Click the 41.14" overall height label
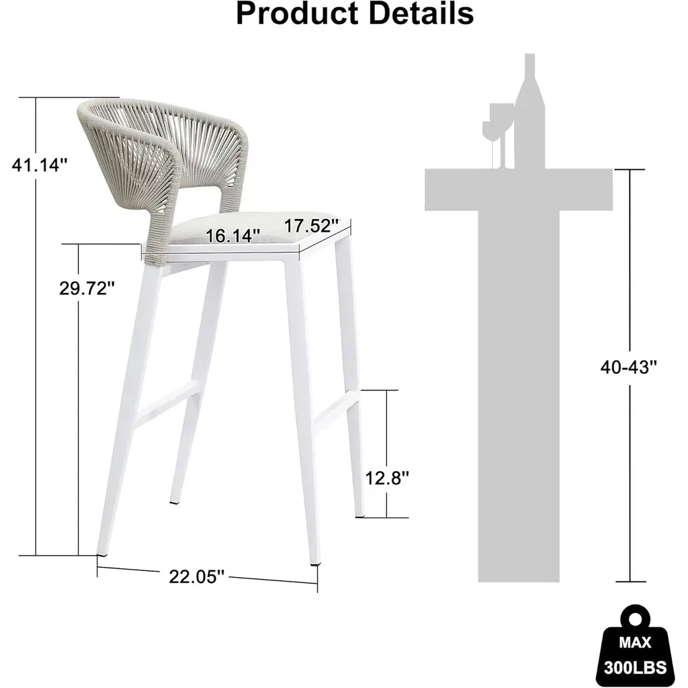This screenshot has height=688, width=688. pyautogui.click(x=40, y=165)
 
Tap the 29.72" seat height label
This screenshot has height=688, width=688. pyautogui.click(x=87, y=288)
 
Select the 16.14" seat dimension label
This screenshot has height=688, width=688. pyautogui.click(x=233, y=236)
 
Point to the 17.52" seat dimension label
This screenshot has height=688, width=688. pyautogui.click(x=312, y=226)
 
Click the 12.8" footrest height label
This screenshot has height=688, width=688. pyautogui.click(x=386, y=478)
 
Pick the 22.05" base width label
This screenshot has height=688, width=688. pyautogui.click(x=197, y=576)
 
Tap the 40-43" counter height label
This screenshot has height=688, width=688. pyautogui.click(x=629, y=368)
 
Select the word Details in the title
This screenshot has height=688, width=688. pyautogui.click(x=421, y=13)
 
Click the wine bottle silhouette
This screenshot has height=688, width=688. pyautogui.click(x=529, y=112)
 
